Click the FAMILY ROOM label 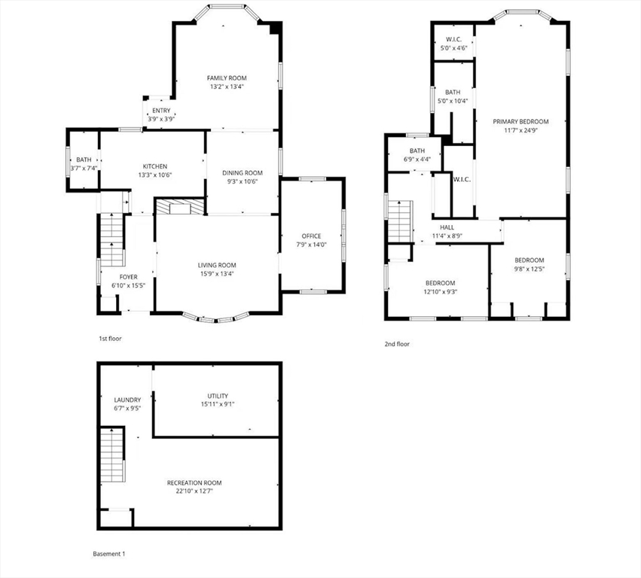pos(227,78)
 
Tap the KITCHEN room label pos(155,166)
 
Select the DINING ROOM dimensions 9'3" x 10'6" pos(243,181)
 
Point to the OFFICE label pos(312,236)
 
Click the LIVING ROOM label pos(217,265)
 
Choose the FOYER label pos(128,277)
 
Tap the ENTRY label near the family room pos(161,111)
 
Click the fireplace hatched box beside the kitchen pos(180,207)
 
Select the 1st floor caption pos(111,339)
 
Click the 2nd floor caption pos(397,344)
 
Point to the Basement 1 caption pos(109,554)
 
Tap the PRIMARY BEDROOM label pos(520,121)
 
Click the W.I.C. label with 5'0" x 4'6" pos(453,39)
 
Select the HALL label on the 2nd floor pos(447,227)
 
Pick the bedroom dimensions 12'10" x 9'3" pos(441,292)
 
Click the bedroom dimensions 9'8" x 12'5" pos(530,269)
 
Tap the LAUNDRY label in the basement pos(127,400)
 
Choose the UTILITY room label pos(218,396)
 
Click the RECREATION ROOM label pos(194,483)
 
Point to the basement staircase pos(112,455)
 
